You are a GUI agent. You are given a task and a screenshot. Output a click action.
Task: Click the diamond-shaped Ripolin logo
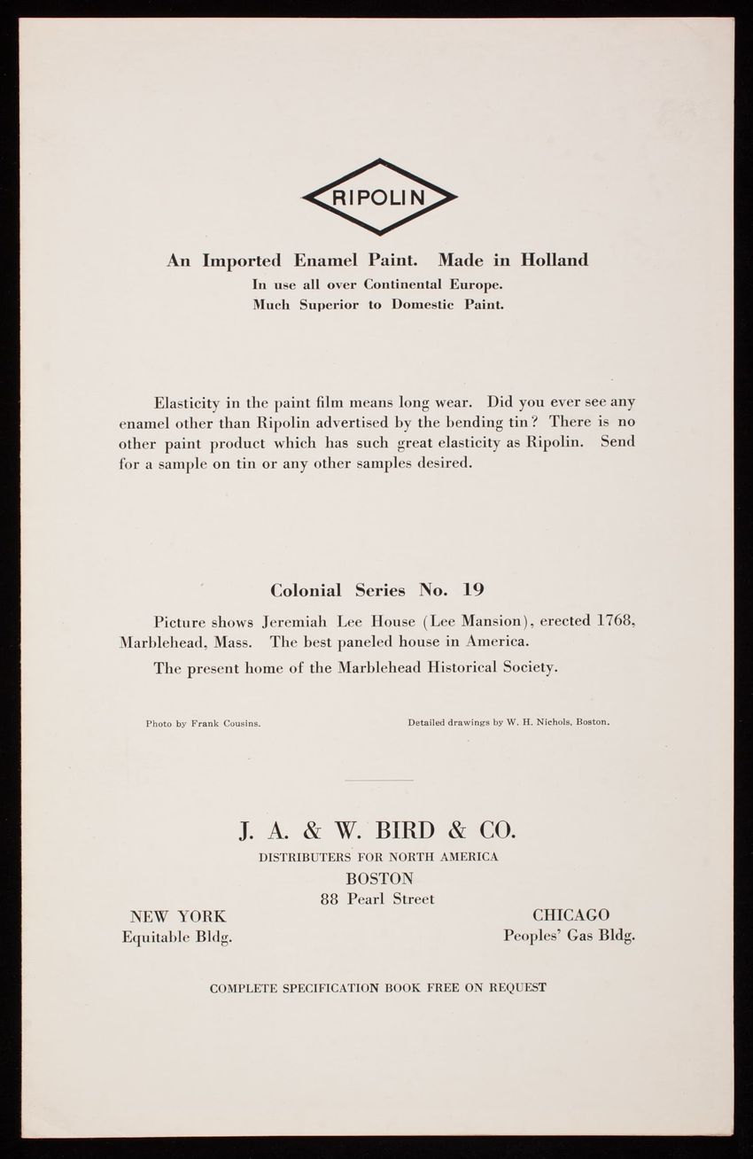[379, 197]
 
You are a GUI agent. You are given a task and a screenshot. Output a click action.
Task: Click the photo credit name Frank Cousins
[226, 723]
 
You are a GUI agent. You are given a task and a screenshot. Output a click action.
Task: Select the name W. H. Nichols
[538, 722]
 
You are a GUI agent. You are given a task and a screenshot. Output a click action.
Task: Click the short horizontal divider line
[378, 780]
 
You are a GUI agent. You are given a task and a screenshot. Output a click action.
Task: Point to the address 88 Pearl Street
[378, 899]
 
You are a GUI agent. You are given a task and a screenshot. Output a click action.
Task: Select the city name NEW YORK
[178, 916]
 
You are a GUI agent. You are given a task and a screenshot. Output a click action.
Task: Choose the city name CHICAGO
[571, 915]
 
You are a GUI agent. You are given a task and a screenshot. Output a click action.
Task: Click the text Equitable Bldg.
[178, 936]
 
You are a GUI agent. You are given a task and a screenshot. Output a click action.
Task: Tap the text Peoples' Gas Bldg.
[569, 935]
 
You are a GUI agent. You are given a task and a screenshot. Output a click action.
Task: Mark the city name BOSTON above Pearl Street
[379, 879]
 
